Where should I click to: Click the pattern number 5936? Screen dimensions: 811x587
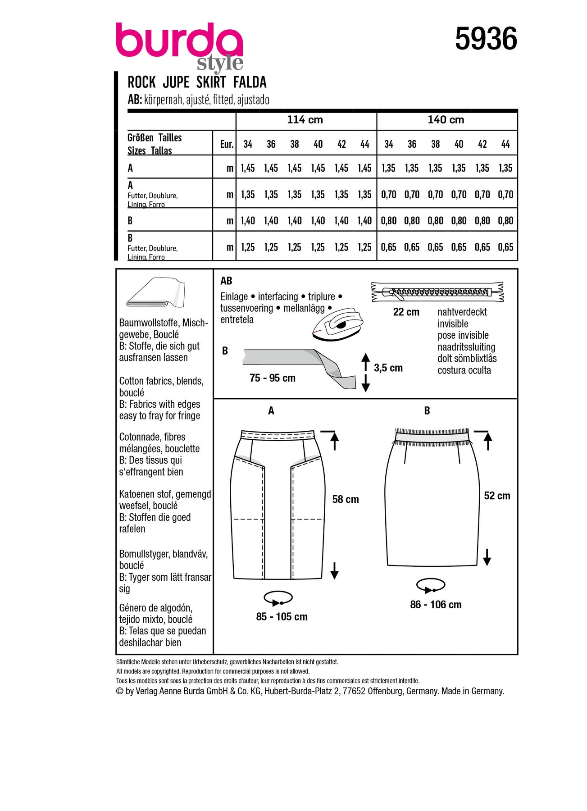(x=486, y=39)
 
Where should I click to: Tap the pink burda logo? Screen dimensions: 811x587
(x=179, y=41)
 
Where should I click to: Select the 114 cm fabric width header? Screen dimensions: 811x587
(x=305, y=120)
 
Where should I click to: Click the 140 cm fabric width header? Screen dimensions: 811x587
(x=446, y=120)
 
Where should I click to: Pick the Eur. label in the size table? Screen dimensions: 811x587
(x=227, y=144)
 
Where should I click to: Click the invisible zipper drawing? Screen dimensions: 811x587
(x=437, y=292)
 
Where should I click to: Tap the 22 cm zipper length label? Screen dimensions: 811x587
(x=406, y=312)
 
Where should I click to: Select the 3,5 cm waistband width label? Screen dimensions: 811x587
(x=388, y=368)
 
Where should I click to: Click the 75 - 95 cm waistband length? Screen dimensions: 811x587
(x=273, y=378)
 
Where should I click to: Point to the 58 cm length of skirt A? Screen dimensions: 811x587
(x=346, y=499)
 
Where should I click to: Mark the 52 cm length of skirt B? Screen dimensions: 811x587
(x=497, y=496)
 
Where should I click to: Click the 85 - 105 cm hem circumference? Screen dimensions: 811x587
(x=282, y=617)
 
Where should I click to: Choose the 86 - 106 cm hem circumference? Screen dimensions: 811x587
(x=436, y=605)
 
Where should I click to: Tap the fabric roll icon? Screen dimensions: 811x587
(x=156, y=293)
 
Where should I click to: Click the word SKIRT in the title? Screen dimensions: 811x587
(x=211, y=82)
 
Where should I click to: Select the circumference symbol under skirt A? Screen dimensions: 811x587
(x=278, y=598)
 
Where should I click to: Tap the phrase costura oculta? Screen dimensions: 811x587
(x=464, y=370)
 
